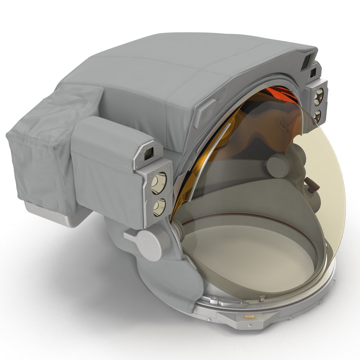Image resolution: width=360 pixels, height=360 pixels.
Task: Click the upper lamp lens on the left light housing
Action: tap(159, 183)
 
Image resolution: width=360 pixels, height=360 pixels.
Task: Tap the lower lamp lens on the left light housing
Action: tap(159, 207)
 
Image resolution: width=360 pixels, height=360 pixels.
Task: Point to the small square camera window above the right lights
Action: tap(313, 72)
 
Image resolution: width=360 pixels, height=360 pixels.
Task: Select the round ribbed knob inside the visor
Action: tap(279, 165)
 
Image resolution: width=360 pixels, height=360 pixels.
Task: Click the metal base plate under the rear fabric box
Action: tap(60, 213)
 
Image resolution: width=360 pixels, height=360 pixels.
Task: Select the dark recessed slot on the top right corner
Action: tap(306, 63)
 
